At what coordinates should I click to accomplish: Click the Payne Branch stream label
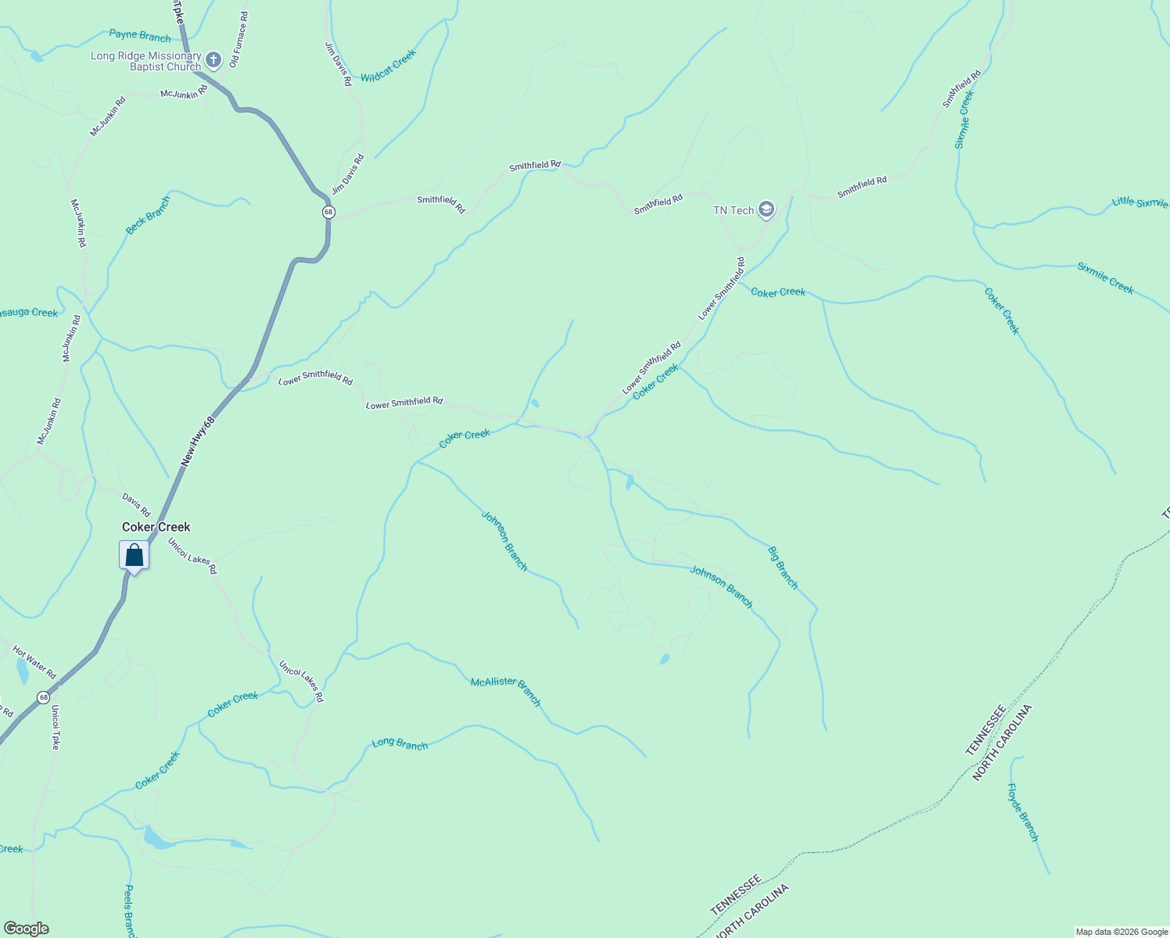140,35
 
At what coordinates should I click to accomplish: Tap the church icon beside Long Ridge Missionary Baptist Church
214,59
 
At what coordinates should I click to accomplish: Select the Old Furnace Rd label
239,39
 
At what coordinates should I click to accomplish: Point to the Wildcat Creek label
389,66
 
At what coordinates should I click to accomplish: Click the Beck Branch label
148,216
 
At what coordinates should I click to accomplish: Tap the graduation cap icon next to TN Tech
767,209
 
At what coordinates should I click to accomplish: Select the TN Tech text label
734,210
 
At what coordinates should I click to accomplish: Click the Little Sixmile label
1139,202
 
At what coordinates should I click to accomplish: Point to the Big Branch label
783,567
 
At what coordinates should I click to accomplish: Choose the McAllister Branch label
506,691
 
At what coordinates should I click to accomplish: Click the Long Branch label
400,743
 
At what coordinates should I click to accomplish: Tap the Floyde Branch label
1023,812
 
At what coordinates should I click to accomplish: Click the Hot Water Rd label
34,662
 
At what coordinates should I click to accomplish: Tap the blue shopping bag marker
134,556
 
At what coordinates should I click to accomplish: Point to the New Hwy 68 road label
198,442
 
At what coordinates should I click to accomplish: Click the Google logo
26,929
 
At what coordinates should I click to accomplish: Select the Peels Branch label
130,911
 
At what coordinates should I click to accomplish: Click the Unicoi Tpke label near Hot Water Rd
55,727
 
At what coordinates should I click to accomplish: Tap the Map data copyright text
1122,932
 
